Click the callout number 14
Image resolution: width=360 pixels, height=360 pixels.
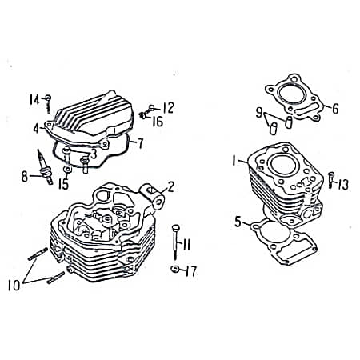click(34, 100)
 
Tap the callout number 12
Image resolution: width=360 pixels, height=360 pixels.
click(168, 108)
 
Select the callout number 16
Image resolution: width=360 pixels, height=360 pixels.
click(158, 122)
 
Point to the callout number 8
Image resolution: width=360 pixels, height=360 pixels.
click(25, 177)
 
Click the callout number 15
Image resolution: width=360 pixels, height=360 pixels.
click(64, 184)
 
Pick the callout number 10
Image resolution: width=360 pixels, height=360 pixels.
click(14, 285)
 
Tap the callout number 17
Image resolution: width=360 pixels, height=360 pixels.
click(191, 271)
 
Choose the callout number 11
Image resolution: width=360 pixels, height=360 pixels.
click(186, 244)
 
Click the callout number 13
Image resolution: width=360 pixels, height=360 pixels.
click(343, 185)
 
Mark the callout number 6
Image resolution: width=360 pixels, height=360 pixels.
click(335, 109)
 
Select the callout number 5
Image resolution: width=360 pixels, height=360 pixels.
click(238, 222)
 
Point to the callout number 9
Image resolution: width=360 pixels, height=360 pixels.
click(259, 113)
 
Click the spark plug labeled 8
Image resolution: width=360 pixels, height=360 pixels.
click(45, 166)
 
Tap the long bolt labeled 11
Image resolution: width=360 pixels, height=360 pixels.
click(175, 242)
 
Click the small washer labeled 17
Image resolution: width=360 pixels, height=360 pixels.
click(174, 269)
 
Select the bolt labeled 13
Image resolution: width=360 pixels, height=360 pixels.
click(331, 180)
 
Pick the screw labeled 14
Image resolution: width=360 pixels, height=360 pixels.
click(48, 104)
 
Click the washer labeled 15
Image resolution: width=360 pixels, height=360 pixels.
click(66, 170)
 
